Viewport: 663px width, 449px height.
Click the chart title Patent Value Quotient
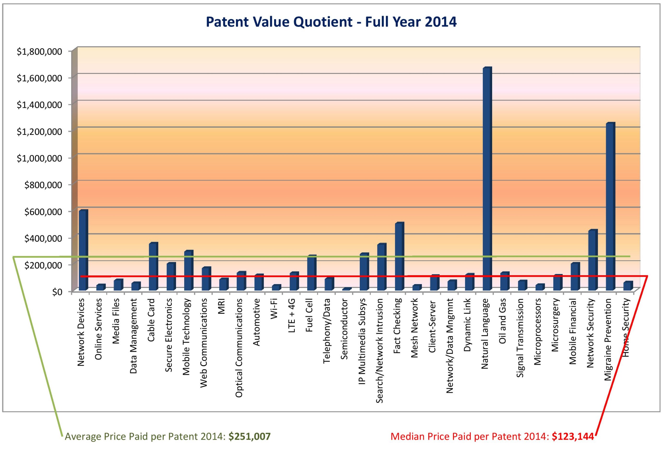(x=331, y=22)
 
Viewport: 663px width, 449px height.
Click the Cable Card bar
(x=153, y=267)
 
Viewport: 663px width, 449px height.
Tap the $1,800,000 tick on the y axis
(x=39, y=52)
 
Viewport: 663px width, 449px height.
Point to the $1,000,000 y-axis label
(x=39, y=158)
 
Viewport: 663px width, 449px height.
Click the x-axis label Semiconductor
(x=344, y=329)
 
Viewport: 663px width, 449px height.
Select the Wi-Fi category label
(x=274, y=309)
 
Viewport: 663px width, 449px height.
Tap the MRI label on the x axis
(x=221, y=306)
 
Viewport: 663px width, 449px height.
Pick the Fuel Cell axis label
(x=309, y=315)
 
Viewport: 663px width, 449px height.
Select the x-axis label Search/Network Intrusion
(x=379, y=351)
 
